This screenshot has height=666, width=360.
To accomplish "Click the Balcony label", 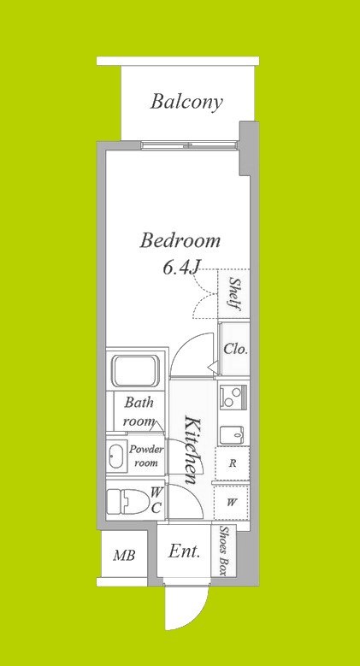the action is [186, 102].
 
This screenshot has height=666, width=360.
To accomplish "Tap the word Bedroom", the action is [180, 241].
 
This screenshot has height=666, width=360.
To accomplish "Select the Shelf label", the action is [234, 293].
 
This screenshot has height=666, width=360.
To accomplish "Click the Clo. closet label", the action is [235, 350].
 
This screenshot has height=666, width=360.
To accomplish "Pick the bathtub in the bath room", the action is [136, 370].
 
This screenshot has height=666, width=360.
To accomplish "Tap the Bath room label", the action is [139, 411].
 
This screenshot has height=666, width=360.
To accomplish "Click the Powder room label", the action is [146, 456].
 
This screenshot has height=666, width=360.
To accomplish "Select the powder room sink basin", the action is [117, 456].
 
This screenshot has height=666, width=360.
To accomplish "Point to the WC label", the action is [156, 500].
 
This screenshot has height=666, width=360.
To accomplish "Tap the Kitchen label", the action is [192, 451].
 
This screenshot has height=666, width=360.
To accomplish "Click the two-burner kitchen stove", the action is [232, 398].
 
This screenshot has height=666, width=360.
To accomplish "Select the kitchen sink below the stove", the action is [232, 435].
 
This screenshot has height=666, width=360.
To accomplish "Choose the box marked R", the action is [232, 464].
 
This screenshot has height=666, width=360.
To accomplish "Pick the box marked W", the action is [232, 503].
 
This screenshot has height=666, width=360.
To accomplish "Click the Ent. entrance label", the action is [184, 551].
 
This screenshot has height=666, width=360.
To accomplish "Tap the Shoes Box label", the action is [223, 551].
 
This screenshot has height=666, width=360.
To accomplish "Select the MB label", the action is [124, 555].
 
